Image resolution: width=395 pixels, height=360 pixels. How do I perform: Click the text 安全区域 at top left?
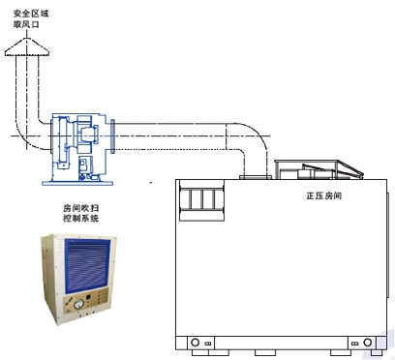31,14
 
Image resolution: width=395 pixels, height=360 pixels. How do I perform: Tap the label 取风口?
26,24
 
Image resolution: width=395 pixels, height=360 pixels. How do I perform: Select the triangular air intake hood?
27,47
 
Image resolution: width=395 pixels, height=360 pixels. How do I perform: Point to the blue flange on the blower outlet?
112,136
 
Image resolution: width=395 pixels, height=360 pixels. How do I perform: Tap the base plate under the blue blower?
77,183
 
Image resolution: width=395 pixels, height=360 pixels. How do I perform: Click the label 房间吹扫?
80,208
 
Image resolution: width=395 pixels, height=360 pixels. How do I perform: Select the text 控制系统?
80,219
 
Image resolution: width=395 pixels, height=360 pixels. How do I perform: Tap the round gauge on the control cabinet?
78,304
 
